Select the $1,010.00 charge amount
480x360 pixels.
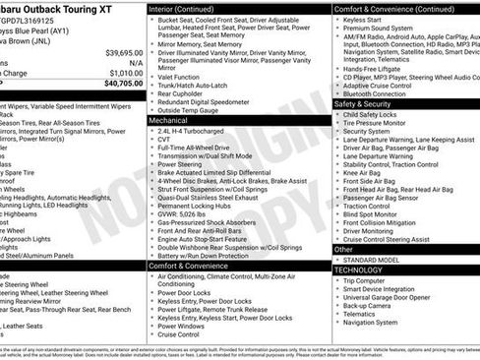tap(125, 71)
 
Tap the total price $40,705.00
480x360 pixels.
tap(122, 83)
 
